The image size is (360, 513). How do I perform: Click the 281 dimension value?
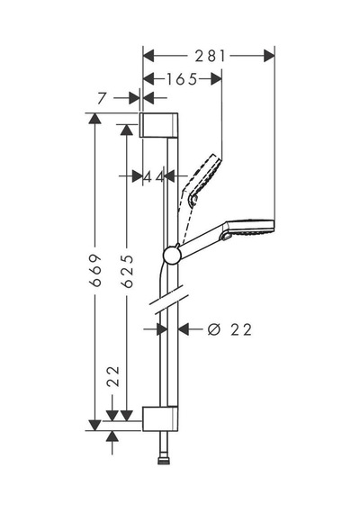click(x=210, y=56)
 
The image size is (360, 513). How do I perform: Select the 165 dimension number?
click(x=182, y=79)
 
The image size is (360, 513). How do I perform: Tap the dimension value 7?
click(x=102, y=98)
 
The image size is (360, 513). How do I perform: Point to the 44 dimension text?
click(x=154, y=176)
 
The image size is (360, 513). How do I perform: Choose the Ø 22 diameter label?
click(x=229, y=329)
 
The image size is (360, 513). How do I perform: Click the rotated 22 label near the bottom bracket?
click(x=113, y=376)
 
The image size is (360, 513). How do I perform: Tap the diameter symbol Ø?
click(x=214, y=329)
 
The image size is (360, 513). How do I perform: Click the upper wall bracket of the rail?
click(x=159, y=125)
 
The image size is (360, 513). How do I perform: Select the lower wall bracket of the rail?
click(x=160, y=418)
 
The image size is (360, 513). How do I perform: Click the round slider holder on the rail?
click(x=172, y=256)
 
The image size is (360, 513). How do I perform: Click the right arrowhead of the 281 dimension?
click(x=269, y=56)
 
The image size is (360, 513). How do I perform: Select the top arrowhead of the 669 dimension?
click(x=94, y=118)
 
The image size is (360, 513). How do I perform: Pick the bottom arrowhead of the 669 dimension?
click(x=94, y=426)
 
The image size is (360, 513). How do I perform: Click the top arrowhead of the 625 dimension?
click(x=127, y=130)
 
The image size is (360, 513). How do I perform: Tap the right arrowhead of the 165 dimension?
click(x=216, y=79)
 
